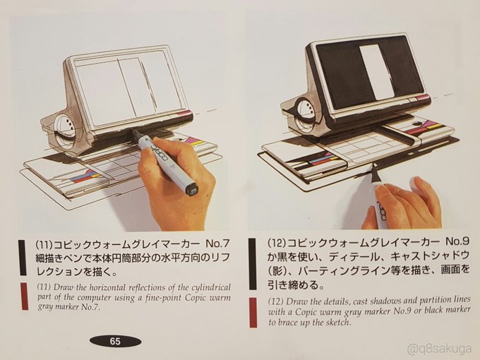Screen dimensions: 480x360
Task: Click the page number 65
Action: click(x=115, y=341)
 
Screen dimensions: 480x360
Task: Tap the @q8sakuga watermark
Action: click(x=440, y=349)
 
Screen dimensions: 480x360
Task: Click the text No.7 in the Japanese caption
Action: click(x=217, y=244)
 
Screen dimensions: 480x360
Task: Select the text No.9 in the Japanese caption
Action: click(x=457, y=241)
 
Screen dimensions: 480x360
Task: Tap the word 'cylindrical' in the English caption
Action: click(x=211, y=288)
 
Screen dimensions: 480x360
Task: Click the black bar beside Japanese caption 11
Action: click(x=22, y=258)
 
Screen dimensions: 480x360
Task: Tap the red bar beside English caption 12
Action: click(x=253, y=312)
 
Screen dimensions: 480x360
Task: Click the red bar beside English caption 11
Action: click(x=25, y=296)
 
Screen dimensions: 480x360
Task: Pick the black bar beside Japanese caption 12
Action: click(x=252, y=264)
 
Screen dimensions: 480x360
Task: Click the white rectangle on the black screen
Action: click(x=375, y=72)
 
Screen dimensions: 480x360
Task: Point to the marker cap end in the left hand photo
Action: click(x=191, y=189)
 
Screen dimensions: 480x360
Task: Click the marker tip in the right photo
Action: click(x=375, y=166)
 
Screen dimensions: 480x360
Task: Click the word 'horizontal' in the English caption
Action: click(x=109, y=287)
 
